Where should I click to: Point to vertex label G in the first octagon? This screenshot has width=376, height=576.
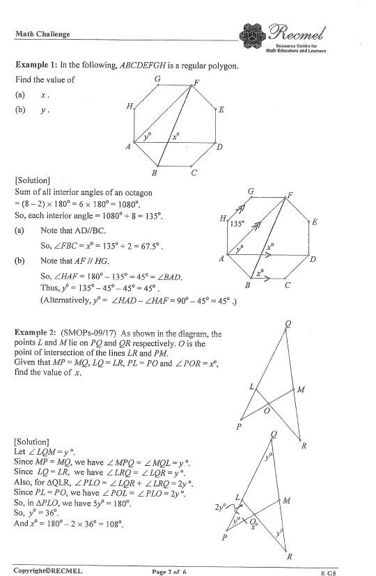click(x=157, y=79)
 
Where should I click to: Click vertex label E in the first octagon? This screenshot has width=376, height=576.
click(x=221, y=110)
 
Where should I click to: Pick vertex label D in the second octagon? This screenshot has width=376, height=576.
click(x=313, y=260)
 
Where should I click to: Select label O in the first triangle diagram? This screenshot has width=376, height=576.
click(x=267, y=412)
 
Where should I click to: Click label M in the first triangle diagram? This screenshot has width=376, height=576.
click(x=301, y=390)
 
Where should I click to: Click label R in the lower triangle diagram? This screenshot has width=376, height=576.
click(x=289, y=556)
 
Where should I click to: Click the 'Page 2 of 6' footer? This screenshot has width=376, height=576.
click(x=169, y=572)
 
